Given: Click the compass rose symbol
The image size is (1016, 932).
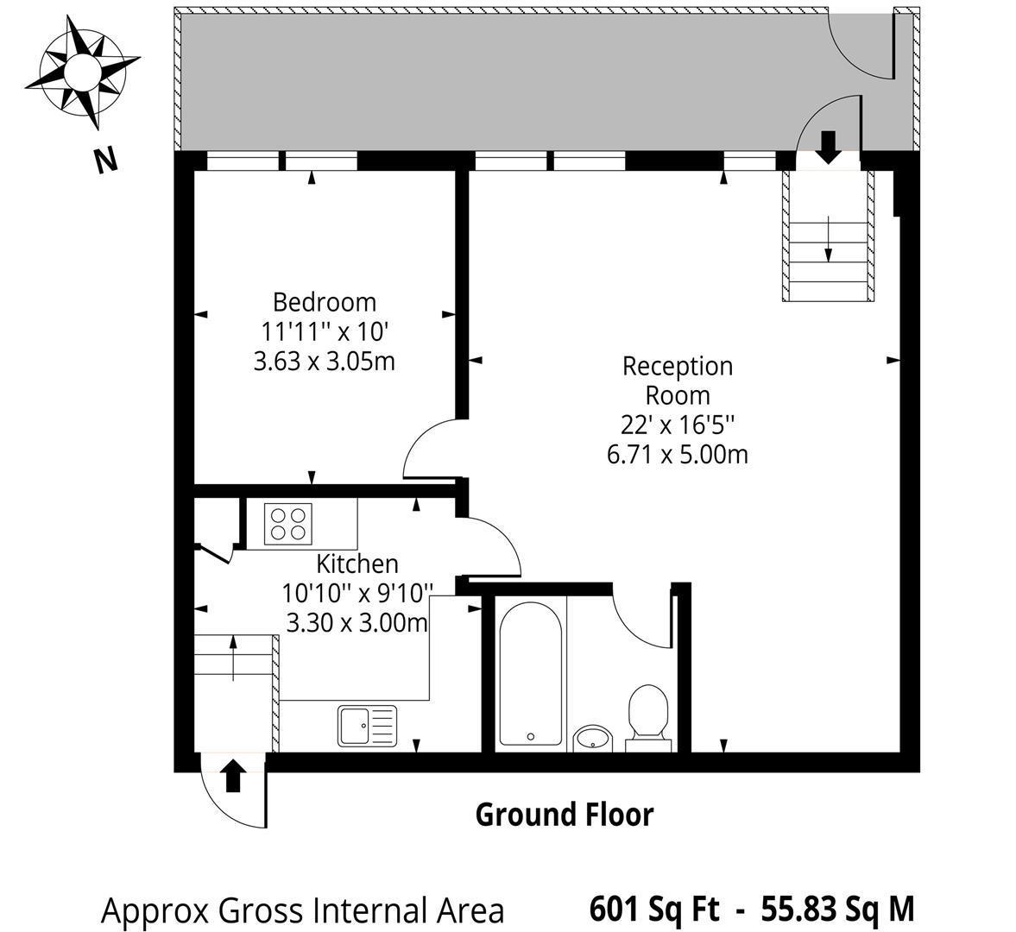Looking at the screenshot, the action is click(82, 72).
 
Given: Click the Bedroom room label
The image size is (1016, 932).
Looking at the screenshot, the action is click(324, 302).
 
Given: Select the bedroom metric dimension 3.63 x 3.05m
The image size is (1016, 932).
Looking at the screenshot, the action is click(324, 361).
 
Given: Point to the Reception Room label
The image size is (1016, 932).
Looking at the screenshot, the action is click(677, 381).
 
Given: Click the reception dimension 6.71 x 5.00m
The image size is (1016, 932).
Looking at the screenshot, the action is click(677, 454).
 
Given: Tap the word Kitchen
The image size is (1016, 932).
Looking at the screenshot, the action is click(357, 564).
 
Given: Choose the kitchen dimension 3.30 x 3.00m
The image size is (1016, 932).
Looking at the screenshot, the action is click(357, 622).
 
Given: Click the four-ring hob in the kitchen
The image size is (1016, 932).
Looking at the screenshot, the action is click(288, 524).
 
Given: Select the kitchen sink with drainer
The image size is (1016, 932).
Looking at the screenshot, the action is click(367, 726).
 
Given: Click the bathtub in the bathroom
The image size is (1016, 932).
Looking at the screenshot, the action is click(530, 674).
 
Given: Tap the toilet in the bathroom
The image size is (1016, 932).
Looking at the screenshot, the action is click(647, 718).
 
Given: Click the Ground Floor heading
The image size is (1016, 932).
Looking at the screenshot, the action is click(565, 814).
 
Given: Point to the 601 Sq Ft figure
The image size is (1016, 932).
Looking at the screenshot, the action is click(653, 909).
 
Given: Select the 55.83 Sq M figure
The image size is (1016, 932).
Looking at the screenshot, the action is click(838, 909).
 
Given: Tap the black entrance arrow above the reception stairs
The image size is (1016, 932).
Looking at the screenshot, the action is click(828, 147).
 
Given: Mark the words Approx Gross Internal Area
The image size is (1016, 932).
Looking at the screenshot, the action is click(303, 910).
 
